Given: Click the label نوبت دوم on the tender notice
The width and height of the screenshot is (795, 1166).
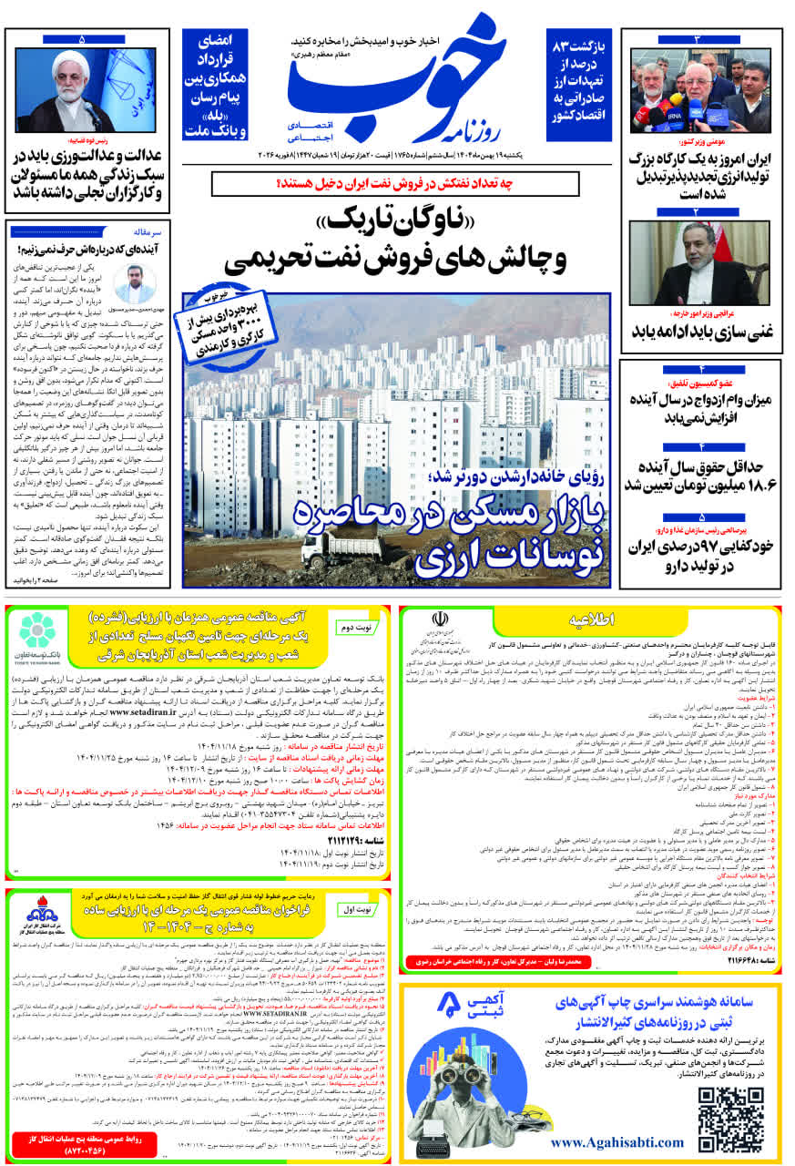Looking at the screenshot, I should (354, 629).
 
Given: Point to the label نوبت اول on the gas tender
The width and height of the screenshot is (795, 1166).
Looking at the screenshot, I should (356, 910).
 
